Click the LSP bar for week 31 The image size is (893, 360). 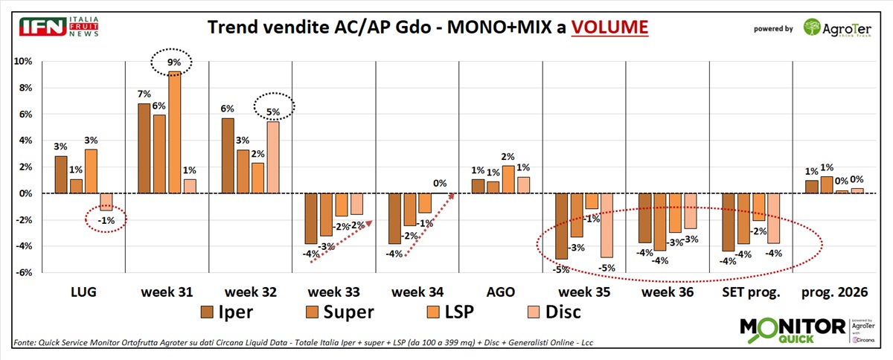pos(174,132)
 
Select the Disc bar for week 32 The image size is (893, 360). pos(273,158)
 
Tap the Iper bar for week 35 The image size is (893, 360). pos(561,226)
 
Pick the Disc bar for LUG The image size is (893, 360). pos(106,202)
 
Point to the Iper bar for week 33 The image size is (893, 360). pos(311,219)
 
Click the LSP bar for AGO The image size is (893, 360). pos(508,180)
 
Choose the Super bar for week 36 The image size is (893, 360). pos(660,222)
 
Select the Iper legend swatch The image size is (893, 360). pos(207,312)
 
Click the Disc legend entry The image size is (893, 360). pos(554,312)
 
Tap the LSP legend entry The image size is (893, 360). pos(450,312)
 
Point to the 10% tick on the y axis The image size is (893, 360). pos(23,62)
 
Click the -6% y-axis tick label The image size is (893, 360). pos(24,272)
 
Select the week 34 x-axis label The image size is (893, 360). pos(417,292)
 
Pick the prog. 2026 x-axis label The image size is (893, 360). pos(834,292)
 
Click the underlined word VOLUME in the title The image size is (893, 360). pos(609,27)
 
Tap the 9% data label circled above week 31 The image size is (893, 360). pos(174,62)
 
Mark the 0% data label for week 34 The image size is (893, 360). pos(440,184)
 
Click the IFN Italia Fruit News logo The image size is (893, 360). pos(59,27)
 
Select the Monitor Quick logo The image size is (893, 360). pos(793,330)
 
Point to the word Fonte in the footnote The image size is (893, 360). pos(25,342)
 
